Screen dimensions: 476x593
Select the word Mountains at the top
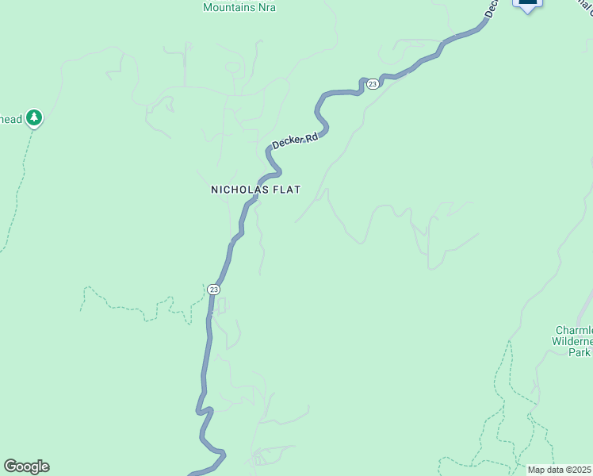pos(229,7)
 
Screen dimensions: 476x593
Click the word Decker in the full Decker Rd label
pos(288,142)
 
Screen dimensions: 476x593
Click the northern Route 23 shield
pos(372,83)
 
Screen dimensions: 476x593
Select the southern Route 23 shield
pos(213,290)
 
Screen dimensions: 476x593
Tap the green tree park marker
pos(33,119)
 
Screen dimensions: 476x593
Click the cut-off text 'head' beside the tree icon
pos(11,119)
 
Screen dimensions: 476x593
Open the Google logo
pos(26,466)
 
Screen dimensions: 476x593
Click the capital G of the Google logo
pos(10,466)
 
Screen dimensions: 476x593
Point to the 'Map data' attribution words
pos(545,470)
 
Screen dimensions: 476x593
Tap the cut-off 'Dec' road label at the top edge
pos(492,9)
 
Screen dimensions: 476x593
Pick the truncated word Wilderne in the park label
pos(572,341)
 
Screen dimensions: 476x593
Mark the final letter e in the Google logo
pos(44,466)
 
